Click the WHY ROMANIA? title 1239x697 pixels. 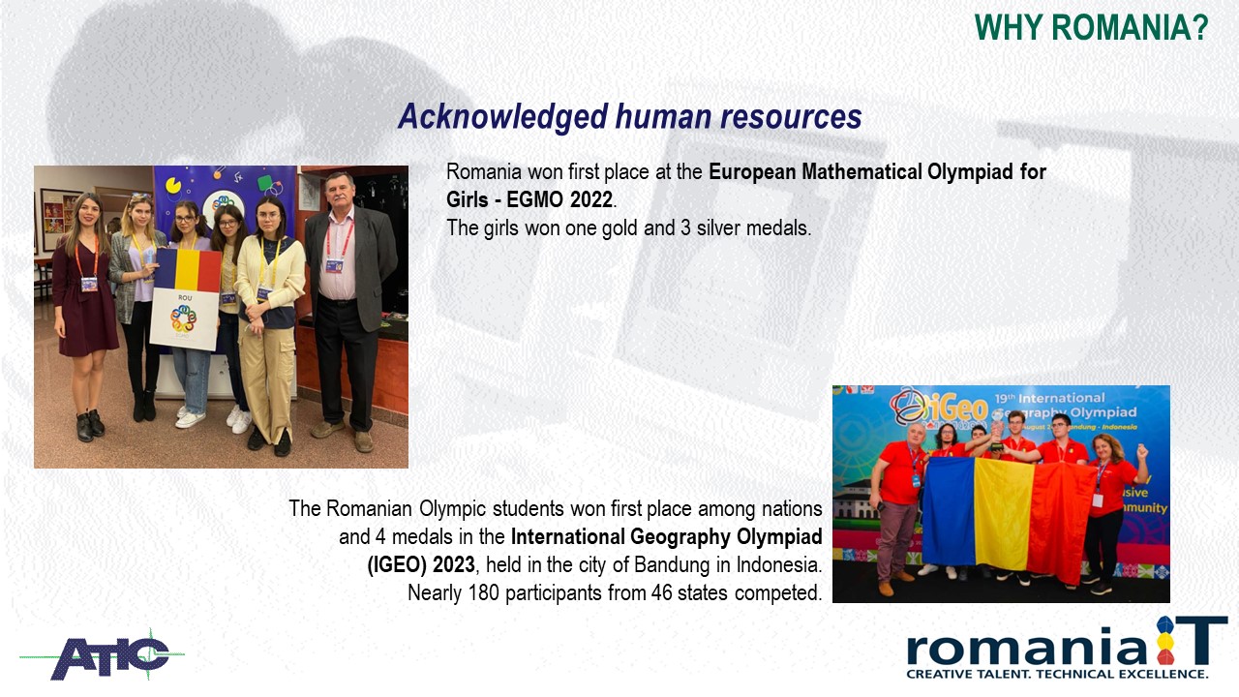(1091, 27)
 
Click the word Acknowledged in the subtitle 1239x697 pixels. (502, 116)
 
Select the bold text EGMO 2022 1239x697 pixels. (559, 199)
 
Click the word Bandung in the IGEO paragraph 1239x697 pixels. (672, 564)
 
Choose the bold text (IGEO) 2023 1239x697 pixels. (421, 565)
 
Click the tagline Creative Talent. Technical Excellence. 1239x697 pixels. (1057, 674)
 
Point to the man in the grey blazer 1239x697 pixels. (347, 312)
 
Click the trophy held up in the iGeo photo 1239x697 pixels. (997, 432)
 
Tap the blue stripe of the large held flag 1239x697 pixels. (948, 512)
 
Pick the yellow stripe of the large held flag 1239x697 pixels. (1002, 516)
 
